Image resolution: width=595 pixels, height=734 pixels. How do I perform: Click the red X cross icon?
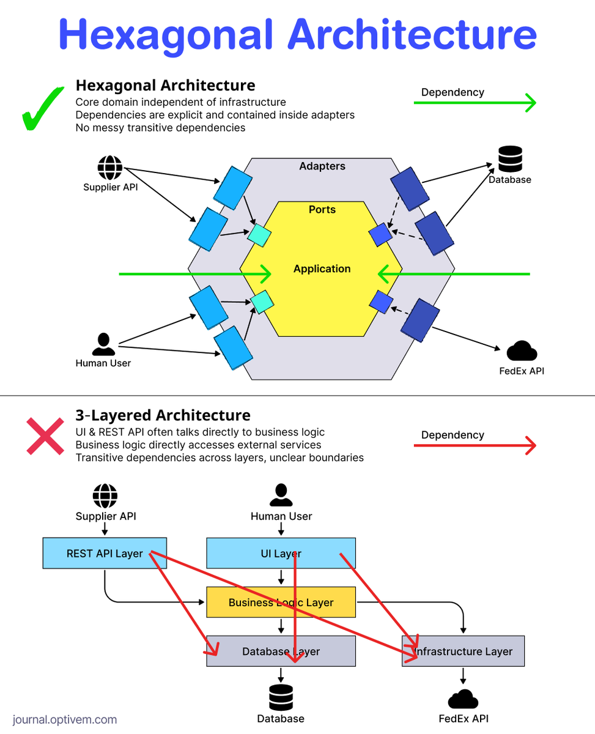(45, 436)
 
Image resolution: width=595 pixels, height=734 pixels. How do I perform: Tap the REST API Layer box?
(105, 554)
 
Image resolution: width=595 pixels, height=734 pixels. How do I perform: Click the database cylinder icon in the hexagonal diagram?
(510, 159)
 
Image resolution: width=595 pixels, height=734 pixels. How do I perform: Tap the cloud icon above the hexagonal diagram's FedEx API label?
(522, 352)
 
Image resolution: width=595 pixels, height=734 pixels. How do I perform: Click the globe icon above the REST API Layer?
(105, 495)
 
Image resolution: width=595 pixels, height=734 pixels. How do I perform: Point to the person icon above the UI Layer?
(281, 495)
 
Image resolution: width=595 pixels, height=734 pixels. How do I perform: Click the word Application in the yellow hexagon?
(322, 269)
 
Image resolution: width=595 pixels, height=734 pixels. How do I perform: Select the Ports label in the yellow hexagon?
(322, 210)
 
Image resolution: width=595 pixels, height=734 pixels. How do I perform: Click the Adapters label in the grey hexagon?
(322, 166)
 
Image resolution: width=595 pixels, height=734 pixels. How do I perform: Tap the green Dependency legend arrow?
(475, 103)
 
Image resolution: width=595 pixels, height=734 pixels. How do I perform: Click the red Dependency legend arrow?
(475, 446)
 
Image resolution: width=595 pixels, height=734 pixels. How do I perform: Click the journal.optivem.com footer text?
(64, 720)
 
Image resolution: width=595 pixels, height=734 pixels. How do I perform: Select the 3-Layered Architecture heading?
(163, 415)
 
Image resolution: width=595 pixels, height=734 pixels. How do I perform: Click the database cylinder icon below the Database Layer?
(281, 698)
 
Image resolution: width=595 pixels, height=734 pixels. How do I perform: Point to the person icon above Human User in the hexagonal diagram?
(103, 344)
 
